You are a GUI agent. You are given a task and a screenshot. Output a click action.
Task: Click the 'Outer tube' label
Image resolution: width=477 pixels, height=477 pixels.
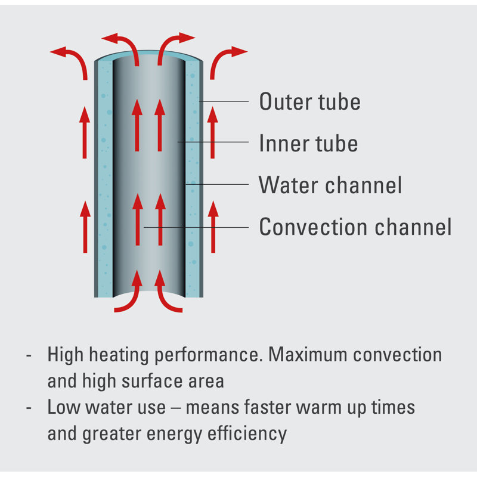309,101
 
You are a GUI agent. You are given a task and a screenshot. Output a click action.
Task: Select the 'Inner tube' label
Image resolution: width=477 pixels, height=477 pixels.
308,143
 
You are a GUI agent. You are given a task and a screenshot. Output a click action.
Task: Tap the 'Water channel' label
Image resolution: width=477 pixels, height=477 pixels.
330,185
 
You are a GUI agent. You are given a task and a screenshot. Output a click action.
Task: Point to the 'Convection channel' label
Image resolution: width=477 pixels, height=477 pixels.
355,227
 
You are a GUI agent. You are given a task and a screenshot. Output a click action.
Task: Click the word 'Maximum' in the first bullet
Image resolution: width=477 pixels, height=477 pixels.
308,354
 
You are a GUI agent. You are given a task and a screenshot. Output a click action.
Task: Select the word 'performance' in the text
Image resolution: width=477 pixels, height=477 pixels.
207,355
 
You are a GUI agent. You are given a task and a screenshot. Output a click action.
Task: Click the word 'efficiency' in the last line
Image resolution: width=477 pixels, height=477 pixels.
247,434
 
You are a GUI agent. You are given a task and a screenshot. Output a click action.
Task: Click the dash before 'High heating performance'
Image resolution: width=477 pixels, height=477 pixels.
29,355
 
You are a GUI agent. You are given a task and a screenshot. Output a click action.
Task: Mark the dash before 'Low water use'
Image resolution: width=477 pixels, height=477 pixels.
29,408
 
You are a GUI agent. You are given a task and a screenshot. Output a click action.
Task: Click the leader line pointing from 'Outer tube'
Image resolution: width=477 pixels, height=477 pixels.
224,101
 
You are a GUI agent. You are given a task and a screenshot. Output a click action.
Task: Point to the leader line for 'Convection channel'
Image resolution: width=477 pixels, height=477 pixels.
196,227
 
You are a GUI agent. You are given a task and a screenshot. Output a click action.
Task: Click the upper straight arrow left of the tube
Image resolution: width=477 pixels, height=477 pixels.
85,132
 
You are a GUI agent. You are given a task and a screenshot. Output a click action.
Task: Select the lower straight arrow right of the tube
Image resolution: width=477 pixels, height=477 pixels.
213,227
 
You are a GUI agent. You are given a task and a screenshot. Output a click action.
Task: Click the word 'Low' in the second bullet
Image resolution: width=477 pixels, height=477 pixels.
64,407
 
